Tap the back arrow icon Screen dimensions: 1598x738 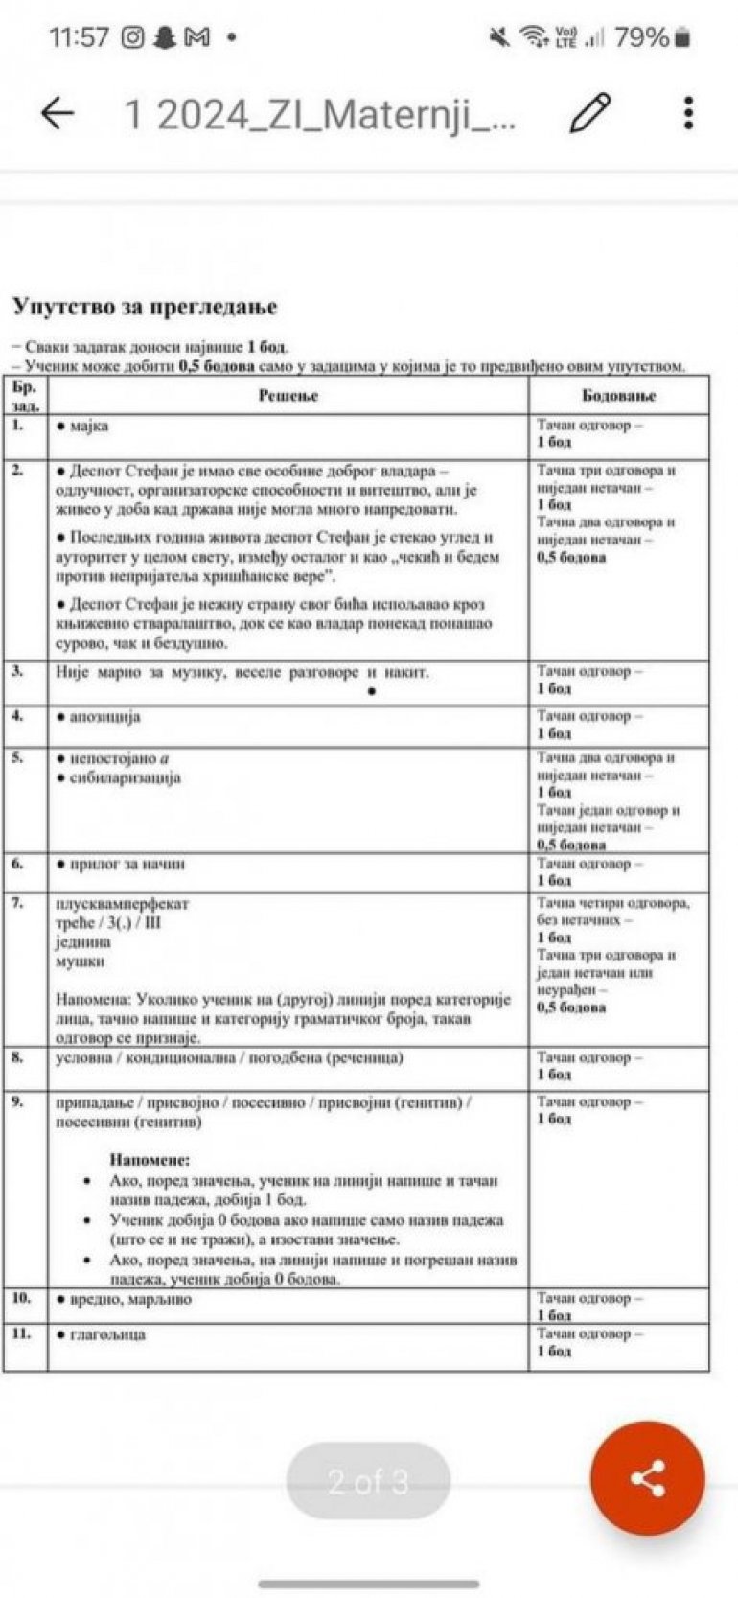(x=58, y=114)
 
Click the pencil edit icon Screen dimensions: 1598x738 (x=590, y=114)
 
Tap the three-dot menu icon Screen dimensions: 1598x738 (x=688, y=113)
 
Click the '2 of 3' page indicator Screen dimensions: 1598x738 (x=368, y=1481)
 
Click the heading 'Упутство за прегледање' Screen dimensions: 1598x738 (x=145, y=307)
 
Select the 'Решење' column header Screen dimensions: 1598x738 (x=288, y=395)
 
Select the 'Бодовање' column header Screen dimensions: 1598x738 (x=618, y=395)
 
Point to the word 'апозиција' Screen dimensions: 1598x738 (x=104, y=717)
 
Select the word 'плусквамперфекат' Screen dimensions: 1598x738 (x=123, y=903)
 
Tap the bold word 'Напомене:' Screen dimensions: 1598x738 (x=150, y=1160)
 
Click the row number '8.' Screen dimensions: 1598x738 (x=18, y=1057)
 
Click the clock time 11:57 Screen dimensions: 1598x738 (x=79, y=37)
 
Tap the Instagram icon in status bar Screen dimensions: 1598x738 (x=133, y=37)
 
